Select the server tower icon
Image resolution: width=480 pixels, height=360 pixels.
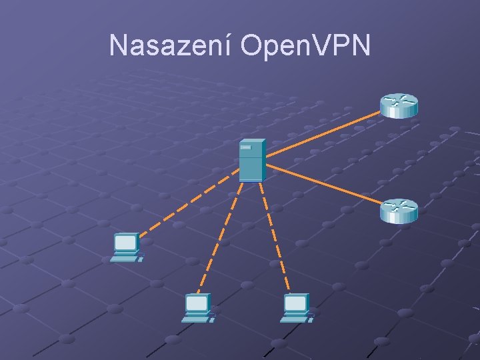point(252,161)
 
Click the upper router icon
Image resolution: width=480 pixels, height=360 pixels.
point(399,105)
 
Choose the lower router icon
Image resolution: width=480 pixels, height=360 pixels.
point(399,211)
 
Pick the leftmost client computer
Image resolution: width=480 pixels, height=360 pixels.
point(126,247)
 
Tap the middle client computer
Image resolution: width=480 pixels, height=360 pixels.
point(198,308)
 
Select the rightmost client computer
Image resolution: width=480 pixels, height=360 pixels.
point(296,308)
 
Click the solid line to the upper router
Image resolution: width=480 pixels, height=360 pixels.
point(324,134)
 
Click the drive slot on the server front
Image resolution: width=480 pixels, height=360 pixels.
point(247,147)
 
